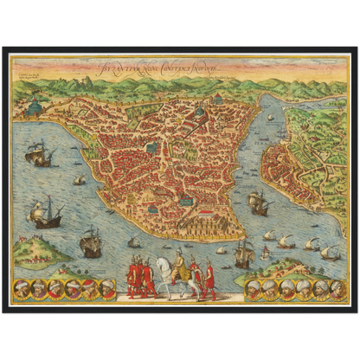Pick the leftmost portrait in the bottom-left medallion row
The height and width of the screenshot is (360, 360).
(21, 289)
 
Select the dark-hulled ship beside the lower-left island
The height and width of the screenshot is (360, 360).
(90, 243)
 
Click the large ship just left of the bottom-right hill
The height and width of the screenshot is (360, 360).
(245, 253)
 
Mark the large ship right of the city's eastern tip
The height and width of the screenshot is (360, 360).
(258, 202)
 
